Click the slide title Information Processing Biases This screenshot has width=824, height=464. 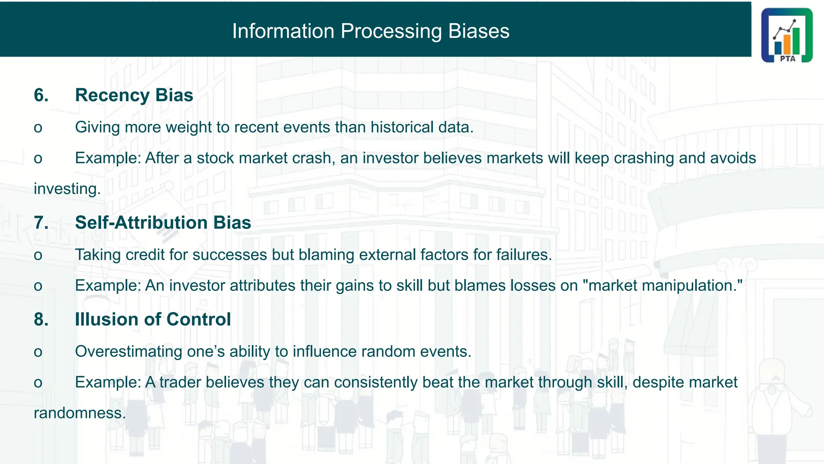371,31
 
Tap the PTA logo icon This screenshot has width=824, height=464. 787,35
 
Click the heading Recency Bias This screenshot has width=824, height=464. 134,95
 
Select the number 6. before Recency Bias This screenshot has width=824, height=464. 41,95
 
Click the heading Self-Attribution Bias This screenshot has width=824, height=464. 163,223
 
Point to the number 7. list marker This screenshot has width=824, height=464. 41,223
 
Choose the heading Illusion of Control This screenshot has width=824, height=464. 153,319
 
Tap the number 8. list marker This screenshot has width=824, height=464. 41,319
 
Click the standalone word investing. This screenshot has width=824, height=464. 67,189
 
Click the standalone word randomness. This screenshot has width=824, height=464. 80,413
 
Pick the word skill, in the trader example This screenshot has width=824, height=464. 612,382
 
